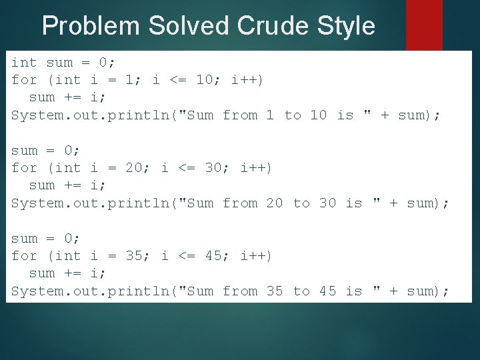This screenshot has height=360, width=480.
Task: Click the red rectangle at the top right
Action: coord(424,25)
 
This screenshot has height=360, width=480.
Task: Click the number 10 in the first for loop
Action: coord(205,80)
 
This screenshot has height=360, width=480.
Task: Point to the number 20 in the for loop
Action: coord(135,168)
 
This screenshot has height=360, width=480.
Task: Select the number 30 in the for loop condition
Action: coord(213,168)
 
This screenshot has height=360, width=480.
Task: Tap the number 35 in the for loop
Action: coord(135,256)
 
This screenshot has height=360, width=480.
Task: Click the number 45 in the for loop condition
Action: coord(213,256)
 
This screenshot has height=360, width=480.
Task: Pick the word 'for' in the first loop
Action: coord(25,80)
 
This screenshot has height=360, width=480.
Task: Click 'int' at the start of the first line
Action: coord(25,63)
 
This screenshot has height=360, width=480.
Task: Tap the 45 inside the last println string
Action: coord(327,291)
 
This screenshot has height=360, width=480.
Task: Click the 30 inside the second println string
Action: coord(327,203)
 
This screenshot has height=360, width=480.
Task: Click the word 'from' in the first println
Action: coord(240,115)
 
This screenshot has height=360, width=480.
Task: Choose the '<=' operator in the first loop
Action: coord(178,80)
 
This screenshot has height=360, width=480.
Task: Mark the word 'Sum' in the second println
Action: coord(201,203)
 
